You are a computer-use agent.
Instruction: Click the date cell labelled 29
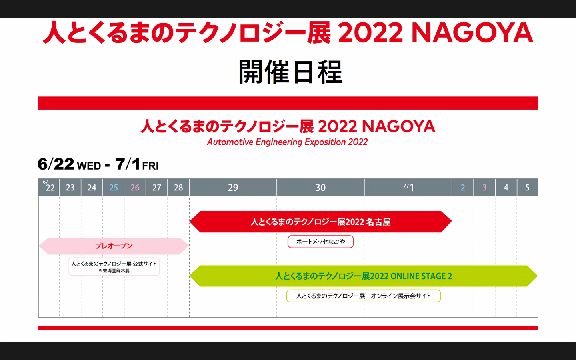[x=233, y=188]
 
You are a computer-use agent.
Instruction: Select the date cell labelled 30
[x=320, y=188]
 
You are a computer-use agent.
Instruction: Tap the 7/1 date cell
[x=408, y=187]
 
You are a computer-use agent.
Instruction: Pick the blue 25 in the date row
[x=114, y=188]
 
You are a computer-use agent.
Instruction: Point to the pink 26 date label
[x=135, y=188]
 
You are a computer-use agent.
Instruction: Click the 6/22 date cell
[x=49, y=187]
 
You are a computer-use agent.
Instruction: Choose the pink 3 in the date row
[x=484, y=188]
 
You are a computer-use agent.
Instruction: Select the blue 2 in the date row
[x=463, y=188]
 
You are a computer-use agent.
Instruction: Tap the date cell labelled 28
[x=178, y=188]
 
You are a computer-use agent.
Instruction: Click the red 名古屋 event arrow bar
[x=320, y=222]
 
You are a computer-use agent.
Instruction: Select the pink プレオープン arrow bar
[x=114, y=246]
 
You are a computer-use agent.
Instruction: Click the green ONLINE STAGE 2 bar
[x=363, y=276]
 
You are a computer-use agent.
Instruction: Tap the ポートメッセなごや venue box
[x=320, y=242]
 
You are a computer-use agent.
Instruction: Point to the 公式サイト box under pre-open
[x=114, y=267]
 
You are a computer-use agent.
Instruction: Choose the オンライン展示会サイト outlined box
[x=363, y=296]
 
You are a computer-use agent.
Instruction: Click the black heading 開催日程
[x=290, y=72]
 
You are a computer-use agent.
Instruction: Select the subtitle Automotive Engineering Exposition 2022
[x=287, y=142]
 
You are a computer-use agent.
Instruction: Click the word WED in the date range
[x=89, y=166]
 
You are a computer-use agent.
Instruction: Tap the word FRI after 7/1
[x=150, y=166]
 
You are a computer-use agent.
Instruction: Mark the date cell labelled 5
[x=527, y=188]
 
